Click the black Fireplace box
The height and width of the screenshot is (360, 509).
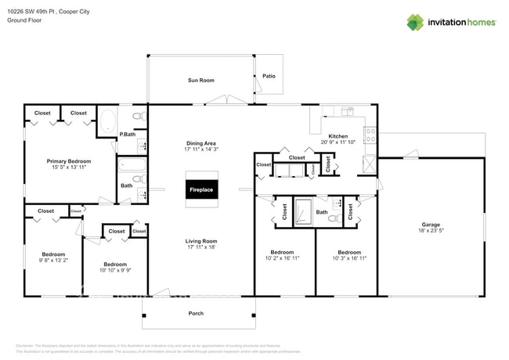(200, 189)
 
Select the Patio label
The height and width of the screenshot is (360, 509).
(269, 76)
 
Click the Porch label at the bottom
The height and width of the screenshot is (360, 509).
(197, 313)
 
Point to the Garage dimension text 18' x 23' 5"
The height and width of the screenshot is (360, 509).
(431, 231)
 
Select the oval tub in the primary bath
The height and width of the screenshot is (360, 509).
(107, 122)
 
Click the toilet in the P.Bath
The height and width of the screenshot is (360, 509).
(139, 117)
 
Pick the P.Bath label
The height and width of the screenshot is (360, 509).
(128, 135)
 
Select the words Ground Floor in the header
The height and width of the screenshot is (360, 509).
(24, 20)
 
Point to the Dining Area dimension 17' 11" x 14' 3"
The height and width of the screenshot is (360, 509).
(200, 149)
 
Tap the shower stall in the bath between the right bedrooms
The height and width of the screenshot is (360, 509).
(302, 213)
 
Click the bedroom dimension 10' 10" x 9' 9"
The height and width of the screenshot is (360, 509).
(115, 270)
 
